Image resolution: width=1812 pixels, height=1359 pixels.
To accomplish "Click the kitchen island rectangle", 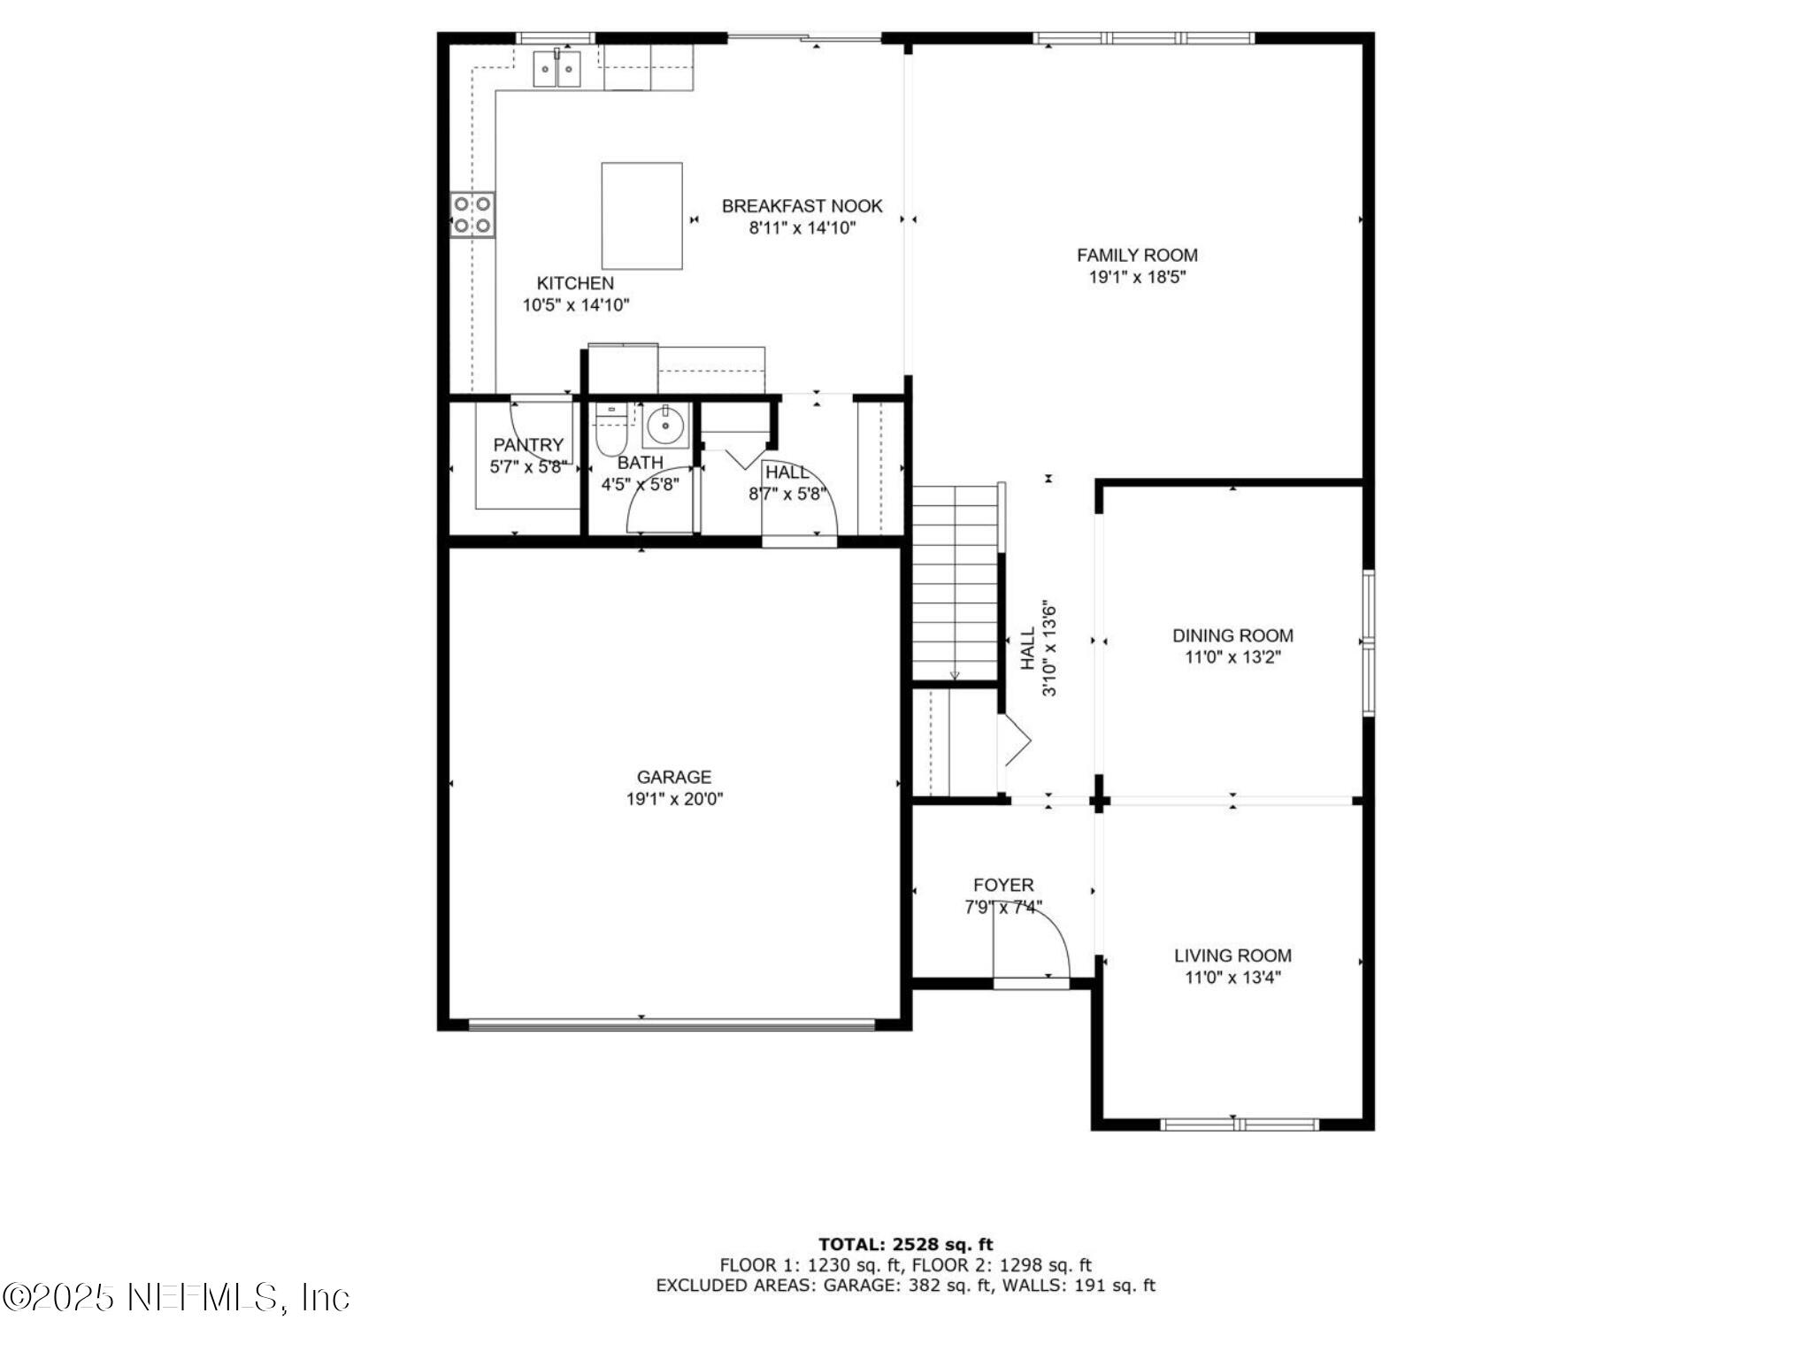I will point(641,215).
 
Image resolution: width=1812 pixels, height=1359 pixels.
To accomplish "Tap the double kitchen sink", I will point(557,69).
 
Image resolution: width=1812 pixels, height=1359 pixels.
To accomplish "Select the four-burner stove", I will point(472,215).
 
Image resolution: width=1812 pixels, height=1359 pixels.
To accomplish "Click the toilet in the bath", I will point(610,430).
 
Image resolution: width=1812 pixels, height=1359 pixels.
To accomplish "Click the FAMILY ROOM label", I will point(1137,255).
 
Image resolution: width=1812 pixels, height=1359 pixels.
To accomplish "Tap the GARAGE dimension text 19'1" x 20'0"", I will point(674,800).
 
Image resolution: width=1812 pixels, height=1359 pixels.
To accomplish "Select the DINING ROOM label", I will point(1232,635).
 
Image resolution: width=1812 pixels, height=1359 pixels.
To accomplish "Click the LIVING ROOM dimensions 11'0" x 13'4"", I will point(1232,978).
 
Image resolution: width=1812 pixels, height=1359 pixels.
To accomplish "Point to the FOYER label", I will point(1003,885).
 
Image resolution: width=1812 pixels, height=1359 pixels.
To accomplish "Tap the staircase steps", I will point(955,584).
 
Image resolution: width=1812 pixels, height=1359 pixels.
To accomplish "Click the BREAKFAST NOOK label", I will point(802,206).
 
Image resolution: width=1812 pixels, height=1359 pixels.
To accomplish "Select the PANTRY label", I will point(528,445).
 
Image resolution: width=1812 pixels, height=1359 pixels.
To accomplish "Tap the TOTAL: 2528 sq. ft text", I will point(905,1245).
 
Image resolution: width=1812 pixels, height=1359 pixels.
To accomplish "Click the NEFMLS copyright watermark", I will point(176,1298).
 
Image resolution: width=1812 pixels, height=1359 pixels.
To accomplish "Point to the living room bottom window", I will point(1239,1125).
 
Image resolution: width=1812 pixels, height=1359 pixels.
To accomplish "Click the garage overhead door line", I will point(671,1025).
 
